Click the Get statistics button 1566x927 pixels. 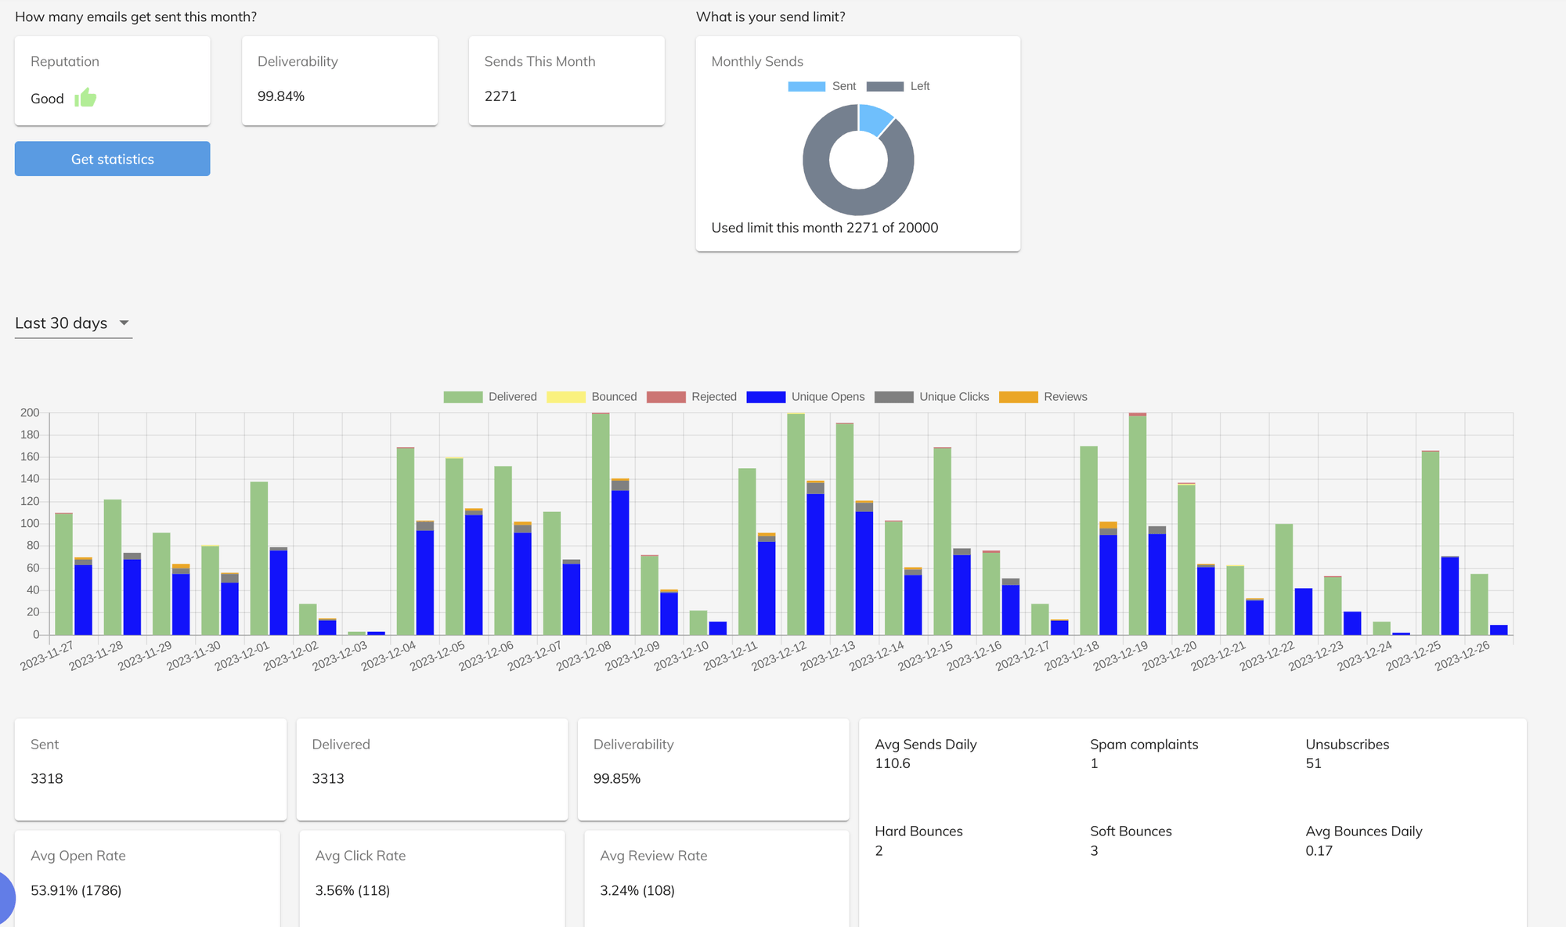112,159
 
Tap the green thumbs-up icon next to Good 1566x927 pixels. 85,98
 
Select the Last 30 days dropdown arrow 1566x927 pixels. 124,323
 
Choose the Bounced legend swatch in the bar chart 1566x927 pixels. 566,397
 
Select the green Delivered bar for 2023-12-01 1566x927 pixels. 259,560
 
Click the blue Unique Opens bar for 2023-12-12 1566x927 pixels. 815,564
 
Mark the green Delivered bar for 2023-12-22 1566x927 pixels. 1283,579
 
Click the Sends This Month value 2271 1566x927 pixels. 500,96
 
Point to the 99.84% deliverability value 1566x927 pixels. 281,96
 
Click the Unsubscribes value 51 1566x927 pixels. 1313,763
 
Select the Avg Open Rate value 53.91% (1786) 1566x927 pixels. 76,890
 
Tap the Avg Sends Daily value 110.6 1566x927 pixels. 892,763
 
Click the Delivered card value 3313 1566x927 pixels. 328,778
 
